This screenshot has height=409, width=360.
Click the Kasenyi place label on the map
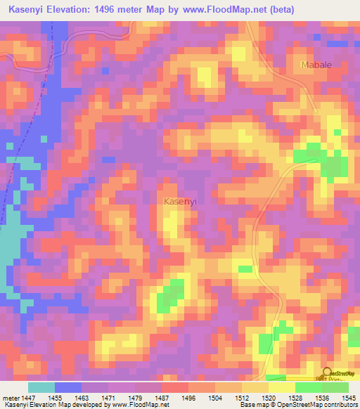179,202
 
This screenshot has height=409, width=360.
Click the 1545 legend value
349,398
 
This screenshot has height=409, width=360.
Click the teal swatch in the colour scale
41,387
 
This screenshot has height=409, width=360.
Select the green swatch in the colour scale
309,387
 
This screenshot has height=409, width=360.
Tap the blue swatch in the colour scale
68,387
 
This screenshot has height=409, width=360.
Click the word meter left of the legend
11,398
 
